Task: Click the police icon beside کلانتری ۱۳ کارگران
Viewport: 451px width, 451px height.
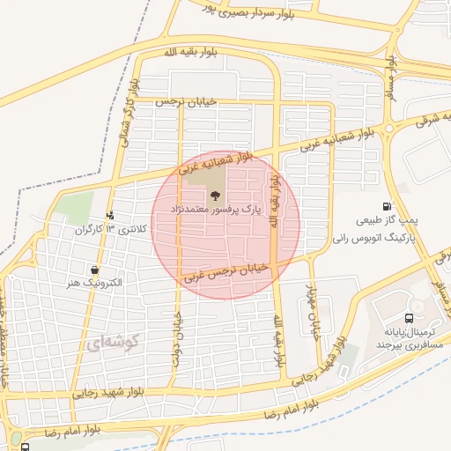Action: click(110, 214)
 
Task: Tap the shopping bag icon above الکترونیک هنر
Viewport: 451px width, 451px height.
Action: click(94, 270)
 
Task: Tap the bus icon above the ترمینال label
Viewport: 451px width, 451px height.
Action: click(408, 318)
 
